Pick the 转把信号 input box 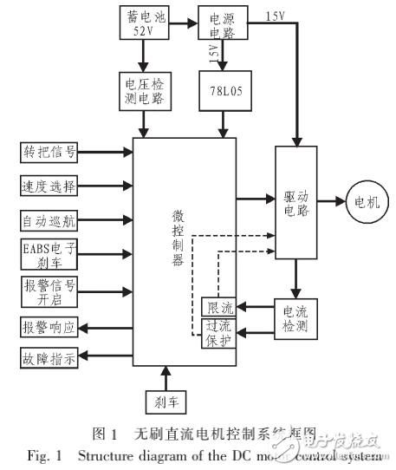click(49, 153)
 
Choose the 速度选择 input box click(49, 186)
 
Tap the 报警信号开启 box click(49, 290)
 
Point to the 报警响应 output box click(49, 329)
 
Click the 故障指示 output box click(49, 356)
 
